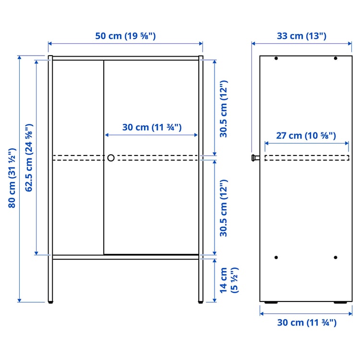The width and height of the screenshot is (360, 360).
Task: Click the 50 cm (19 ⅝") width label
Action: click(125, 36)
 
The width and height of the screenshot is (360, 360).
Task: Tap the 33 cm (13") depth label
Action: click(302, 36)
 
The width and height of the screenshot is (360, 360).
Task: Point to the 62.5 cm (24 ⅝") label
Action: click(29, 157)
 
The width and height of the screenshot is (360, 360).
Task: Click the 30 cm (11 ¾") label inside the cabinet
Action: click(152, 127)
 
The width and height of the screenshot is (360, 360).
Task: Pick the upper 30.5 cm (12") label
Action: click(224, 108)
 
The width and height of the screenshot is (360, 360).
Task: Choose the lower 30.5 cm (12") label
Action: click(224, 207)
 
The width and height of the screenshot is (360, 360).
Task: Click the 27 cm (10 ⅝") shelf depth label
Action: click(306, 135)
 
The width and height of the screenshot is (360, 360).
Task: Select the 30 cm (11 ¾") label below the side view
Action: click(307, 323)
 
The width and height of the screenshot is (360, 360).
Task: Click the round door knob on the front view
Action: click(111, 157)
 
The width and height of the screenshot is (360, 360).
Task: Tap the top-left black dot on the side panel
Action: click(276, 59)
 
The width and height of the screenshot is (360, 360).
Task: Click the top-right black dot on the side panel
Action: click(336, 59)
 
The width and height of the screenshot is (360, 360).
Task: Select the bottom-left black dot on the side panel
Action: click(276, 257)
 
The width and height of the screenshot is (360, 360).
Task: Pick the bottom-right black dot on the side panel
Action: click(336, 257)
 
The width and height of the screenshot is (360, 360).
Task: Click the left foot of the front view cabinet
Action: click(50, 302)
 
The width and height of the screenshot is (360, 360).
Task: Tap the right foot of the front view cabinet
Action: click(201, 302)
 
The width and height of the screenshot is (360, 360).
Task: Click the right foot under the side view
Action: click(341, 303)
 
